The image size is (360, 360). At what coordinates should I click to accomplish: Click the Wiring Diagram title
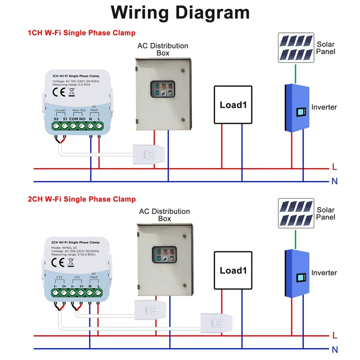click(180, 13)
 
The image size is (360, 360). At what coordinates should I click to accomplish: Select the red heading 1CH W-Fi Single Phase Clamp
click(81, 33)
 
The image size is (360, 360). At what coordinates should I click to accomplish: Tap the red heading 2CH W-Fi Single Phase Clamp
click(81, 199)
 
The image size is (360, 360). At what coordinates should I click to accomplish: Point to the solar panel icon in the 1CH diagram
click(295, 48)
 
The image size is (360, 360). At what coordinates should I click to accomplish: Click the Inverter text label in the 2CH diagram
click(324, 273)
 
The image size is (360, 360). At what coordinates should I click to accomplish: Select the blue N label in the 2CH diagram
click(334, 349)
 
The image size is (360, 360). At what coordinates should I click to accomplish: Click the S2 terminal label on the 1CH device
click(56, 118)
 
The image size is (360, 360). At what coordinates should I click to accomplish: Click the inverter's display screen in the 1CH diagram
click(300, 111)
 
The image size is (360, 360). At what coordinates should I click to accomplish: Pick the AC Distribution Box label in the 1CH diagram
click(162, 49)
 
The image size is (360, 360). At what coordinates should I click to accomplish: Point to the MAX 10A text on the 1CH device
click(78, 110)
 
